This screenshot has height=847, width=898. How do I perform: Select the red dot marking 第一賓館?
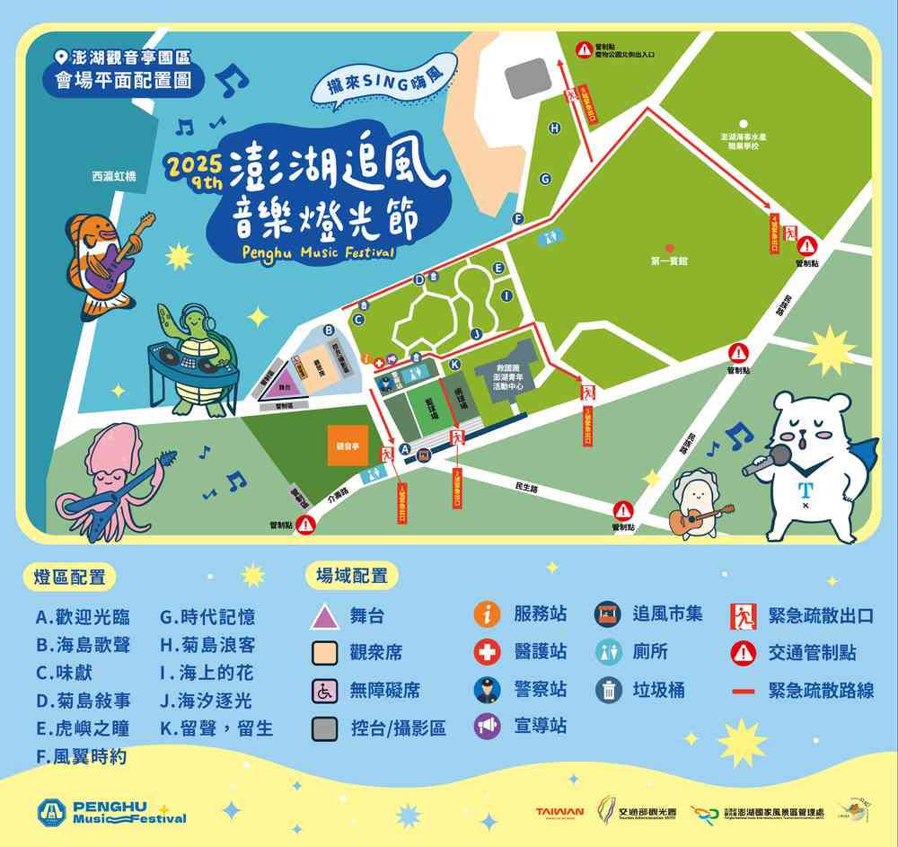pos(668,247)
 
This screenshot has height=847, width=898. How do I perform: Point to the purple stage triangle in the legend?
pos(324,616)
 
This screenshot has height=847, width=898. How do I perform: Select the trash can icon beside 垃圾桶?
pos(608,689)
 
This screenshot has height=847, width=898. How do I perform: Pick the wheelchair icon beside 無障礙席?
pos(324,690)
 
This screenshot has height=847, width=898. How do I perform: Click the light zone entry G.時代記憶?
pos(207,617)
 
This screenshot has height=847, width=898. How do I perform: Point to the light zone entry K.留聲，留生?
pos(216,728)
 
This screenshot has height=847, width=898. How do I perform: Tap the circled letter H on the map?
pos(555,128)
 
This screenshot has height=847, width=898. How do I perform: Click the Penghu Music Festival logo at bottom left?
pos(111,812)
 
